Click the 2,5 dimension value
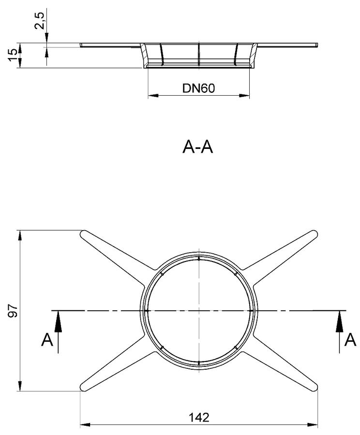point(40,21)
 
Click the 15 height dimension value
point(13,55)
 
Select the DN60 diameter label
point(198,88)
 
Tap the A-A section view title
point(197,146)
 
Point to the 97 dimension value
point(13,310)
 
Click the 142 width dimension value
point(199,417)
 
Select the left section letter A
point(47,340)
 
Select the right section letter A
point(350,340)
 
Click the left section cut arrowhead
point(58,321)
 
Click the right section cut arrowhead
point(339,321)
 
